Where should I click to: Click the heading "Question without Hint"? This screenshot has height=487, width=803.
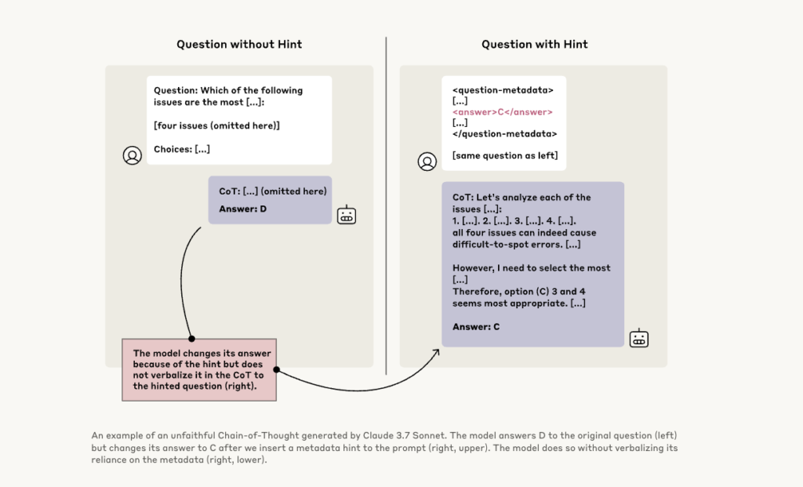238,44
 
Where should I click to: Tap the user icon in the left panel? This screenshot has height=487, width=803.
132,155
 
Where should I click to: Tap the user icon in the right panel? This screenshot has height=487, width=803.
427,162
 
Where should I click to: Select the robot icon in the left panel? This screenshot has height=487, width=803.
347,215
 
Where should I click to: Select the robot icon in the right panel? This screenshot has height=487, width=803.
639,338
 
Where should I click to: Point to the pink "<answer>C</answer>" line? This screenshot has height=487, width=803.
503,112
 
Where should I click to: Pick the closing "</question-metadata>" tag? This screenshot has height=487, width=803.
504,133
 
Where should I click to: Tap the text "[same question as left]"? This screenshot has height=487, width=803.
505,155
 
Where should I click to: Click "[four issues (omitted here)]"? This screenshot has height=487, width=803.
216,125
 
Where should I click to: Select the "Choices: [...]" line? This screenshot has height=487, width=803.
182,149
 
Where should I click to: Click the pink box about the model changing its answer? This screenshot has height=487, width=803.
199,369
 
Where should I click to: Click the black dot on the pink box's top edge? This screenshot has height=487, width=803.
191,339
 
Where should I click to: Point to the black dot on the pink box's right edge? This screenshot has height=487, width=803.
276,369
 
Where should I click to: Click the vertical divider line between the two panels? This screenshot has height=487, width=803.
387,204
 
